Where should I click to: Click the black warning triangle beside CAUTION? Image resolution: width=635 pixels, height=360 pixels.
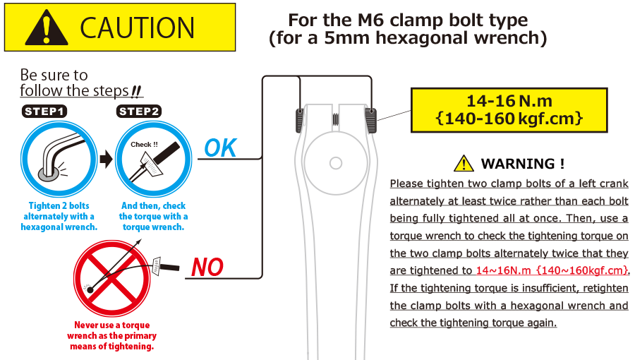[x=46, y=28]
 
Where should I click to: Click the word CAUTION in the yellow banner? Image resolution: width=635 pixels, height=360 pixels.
[x=137, y=28]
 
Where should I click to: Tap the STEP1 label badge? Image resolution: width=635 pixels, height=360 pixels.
[x=44, y=112]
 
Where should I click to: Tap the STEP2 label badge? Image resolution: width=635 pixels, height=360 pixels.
[x=139, y=112]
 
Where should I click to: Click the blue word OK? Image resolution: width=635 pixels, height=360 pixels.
[x=220, y=148]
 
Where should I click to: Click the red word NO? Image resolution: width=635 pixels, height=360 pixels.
[x=207, y=268]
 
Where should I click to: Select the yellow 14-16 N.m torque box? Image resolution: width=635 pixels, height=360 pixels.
[x=509, y=110]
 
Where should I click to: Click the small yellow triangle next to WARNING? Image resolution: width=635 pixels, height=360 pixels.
[x=464, y=164]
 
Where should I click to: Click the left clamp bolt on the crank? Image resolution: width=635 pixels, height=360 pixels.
[x=300, y=120]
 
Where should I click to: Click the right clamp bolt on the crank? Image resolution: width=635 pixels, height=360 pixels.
[x=371, y=120]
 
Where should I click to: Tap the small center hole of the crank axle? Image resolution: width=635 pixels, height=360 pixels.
[x=336, y=163]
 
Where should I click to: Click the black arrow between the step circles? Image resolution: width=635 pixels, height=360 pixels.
[x=106, y=159]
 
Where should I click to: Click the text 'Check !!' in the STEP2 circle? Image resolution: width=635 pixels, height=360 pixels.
[x=144, y=145]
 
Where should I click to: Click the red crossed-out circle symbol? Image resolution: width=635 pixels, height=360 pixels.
[x=112, y=278]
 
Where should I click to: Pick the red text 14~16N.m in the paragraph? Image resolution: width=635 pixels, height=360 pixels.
[x=503, y=270]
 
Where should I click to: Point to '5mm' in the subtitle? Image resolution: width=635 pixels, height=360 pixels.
[x=346, y=38]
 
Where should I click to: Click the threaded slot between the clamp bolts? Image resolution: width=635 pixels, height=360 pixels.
[x=336, y=119]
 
